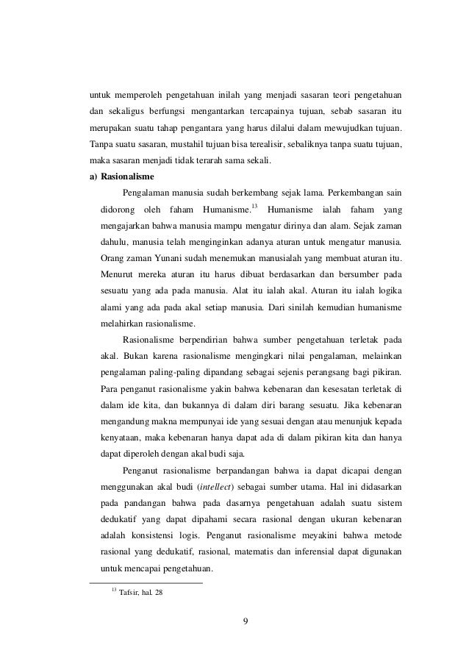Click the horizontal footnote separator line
145,583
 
